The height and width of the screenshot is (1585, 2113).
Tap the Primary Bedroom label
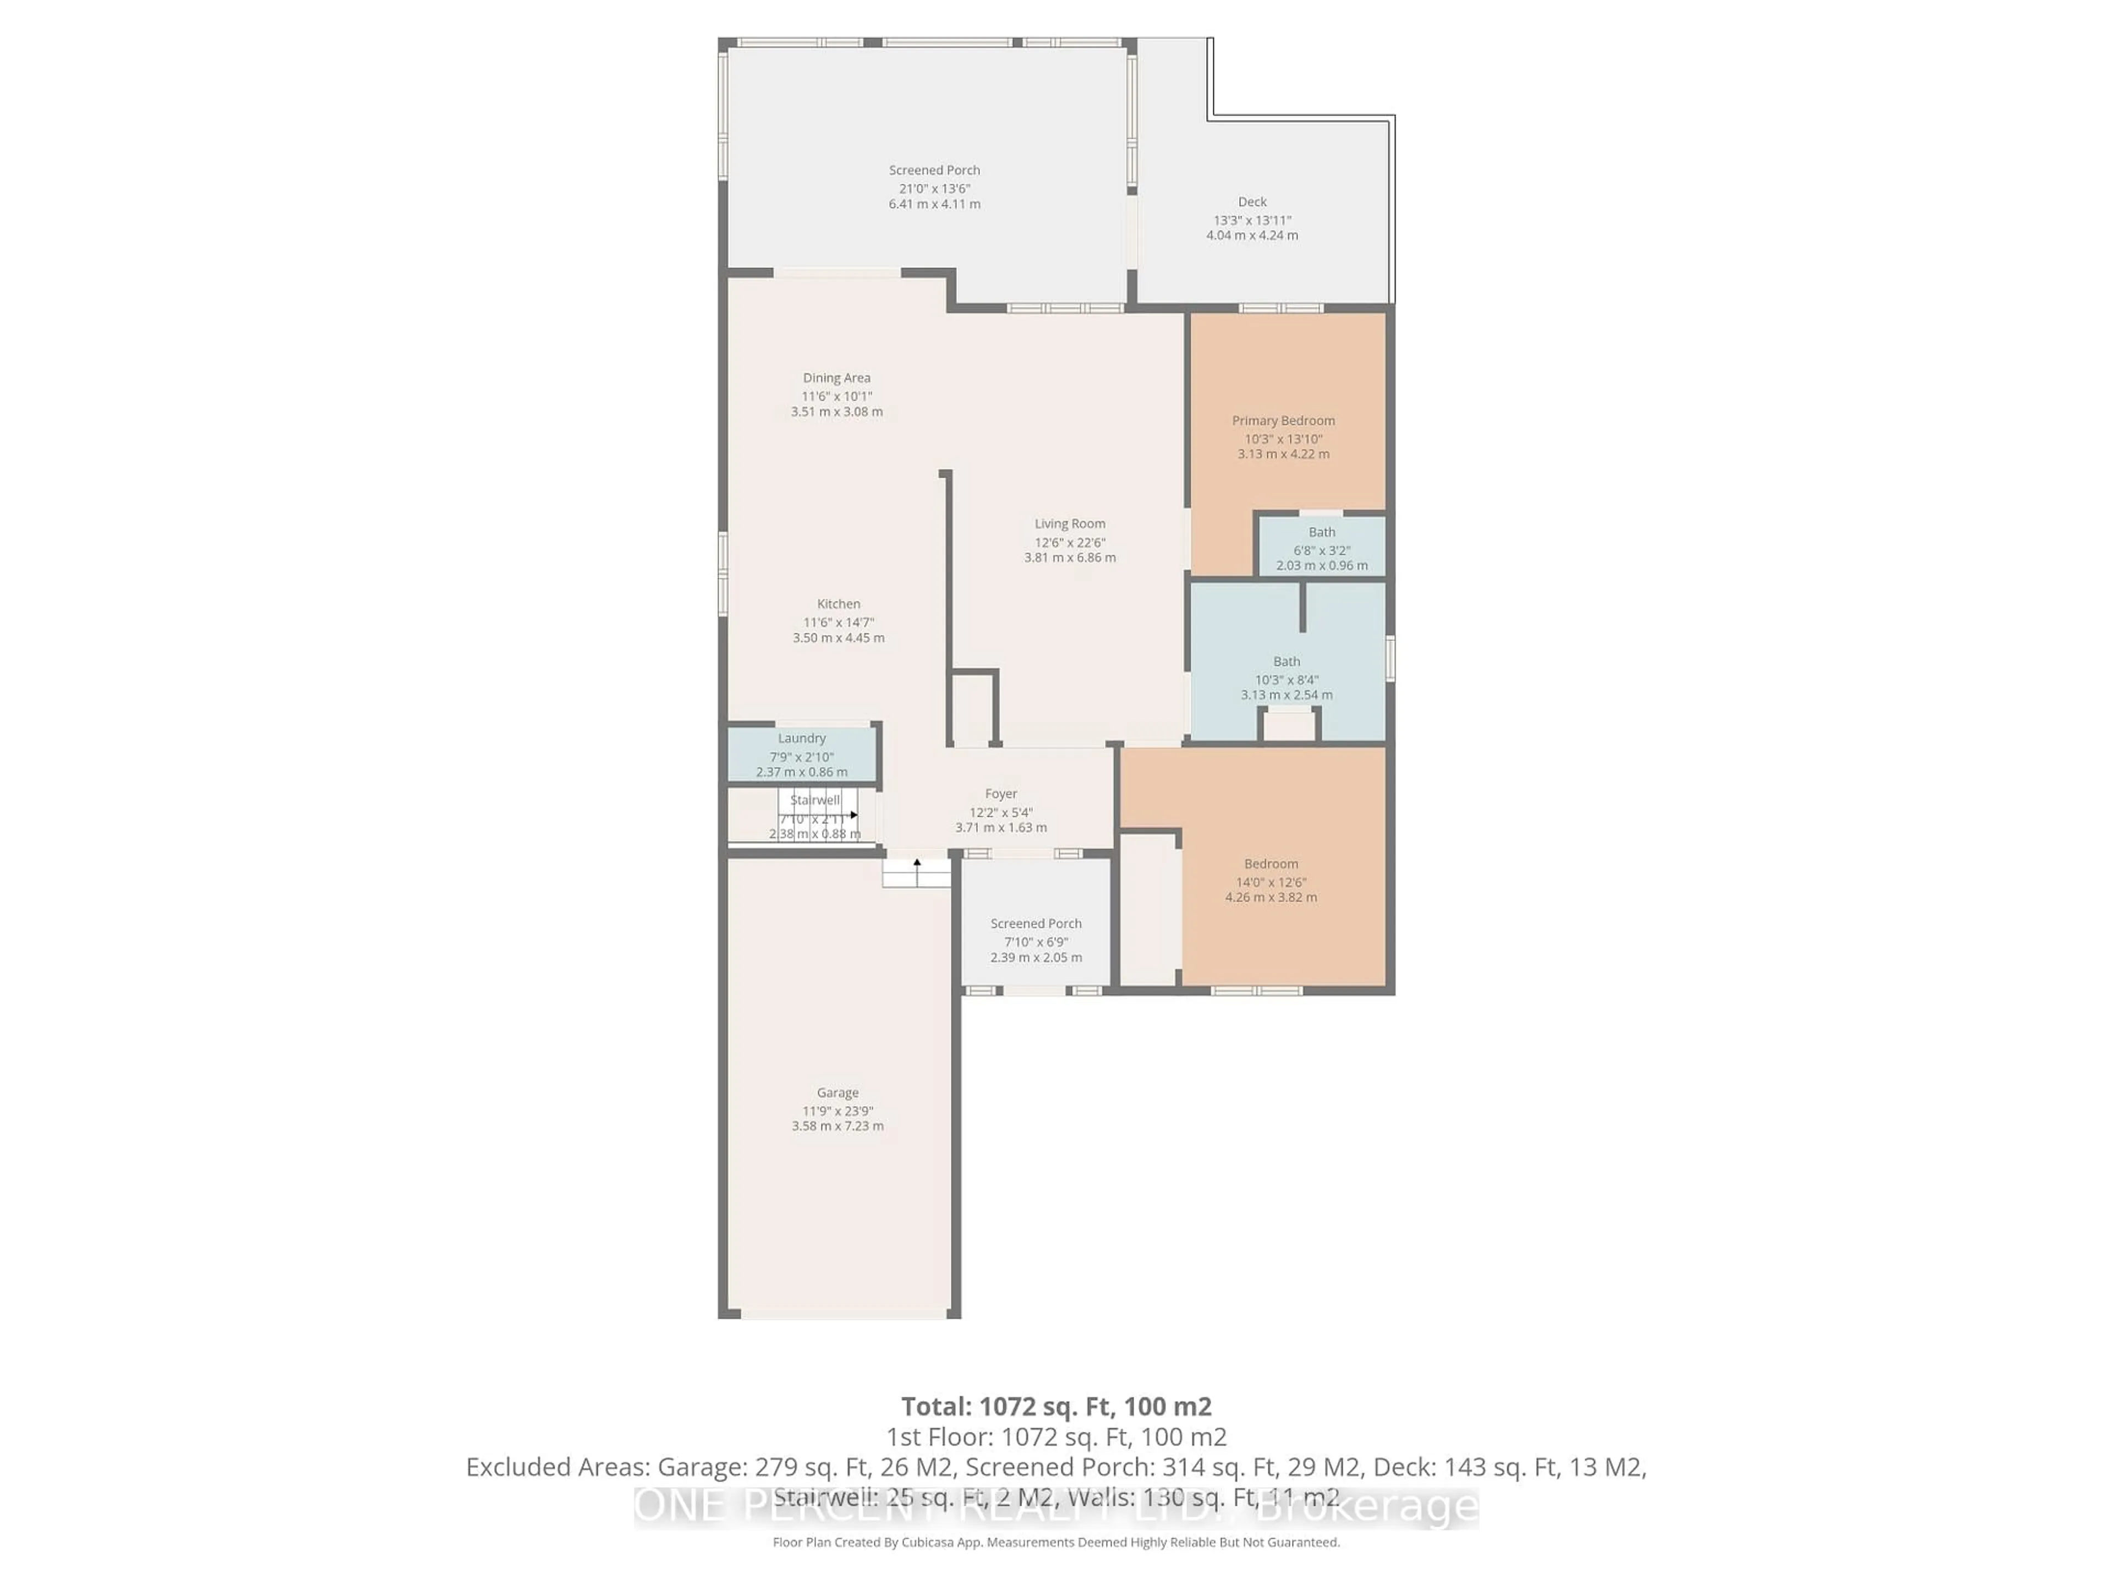[x=1283, y=420]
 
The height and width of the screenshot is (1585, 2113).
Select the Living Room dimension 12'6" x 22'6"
[x=1070, y=542]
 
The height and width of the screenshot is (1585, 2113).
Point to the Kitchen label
[x=837, y=604]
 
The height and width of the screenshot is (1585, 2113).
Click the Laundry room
[x=801, y=754]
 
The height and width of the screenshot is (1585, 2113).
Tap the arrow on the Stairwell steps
[x=853, y=815]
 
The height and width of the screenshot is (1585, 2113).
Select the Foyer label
[x=1000, y=794]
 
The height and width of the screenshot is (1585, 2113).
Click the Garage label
[x=837, y=1092]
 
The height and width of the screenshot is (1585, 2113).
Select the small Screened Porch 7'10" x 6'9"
[x=1036, y=939]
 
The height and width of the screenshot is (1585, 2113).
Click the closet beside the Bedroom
[x=1148, y=910]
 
